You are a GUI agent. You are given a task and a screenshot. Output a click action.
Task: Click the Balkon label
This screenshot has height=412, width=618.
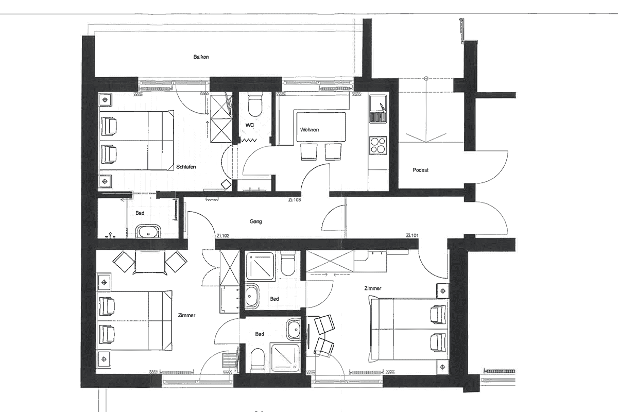201,57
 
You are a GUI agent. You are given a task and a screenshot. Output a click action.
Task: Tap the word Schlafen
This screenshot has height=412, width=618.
186,167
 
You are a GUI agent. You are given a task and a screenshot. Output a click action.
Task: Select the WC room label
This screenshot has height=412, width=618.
250,125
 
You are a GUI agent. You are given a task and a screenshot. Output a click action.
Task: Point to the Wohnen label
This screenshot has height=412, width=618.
310,130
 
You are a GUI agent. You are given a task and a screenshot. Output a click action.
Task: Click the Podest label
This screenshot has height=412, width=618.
420,170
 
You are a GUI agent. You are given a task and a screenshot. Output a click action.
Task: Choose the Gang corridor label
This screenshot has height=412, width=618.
255,221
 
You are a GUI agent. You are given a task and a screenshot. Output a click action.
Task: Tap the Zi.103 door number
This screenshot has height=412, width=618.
295,200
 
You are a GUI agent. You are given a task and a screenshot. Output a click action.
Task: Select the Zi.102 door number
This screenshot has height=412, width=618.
223,236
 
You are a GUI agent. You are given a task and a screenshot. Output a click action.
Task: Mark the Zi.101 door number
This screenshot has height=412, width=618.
412,235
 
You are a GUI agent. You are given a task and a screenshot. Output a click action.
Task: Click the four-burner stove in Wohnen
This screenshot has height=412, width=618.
378,145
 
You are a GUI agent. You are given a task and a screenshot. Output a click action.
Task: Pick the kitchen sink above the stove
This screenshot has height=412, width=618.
378,109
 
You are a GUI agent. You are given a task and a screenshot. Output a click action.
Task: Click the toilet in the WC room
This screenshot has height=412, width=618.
254,105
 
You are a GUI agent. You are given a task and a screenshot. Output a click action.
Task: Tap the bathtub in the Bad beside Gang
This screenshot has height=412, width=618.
148,231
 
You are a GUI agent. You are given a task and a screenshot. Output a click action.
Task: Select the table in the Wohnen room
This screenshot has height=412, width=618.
321,127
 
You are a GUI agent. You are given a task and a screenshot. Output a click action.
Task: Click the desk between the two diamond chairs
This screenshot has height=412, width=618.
150,262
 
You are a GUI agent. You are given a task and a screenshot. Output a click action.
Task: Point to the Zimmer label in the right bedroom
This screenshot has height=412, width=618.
373,288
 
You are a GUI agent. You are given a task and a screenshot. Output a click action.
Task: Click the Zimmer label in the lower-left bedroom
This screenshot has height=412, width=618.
187,315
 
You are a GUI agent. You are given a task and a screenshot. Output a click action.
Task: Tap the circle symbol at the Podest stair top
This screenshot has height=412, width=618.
426,78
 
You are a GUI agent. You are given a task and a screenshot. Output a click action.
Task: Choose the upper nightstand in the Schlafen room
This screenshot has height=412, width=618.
105,99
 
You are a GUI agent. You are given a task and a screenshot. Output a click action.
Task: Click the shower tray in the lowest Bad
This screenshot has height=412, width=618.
285,357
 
